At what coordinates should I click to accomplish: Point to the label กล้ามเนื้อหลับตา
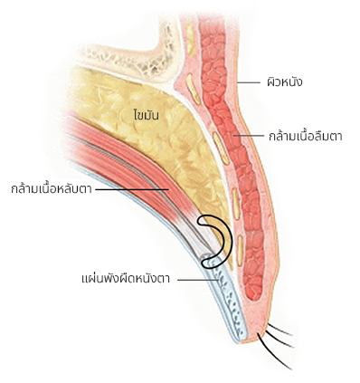coord(51,189)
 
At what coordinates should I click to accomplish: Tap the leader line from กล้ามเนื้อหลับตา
coord(131,189)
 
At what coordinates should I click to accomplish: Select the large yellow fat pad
coord(163,145)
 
